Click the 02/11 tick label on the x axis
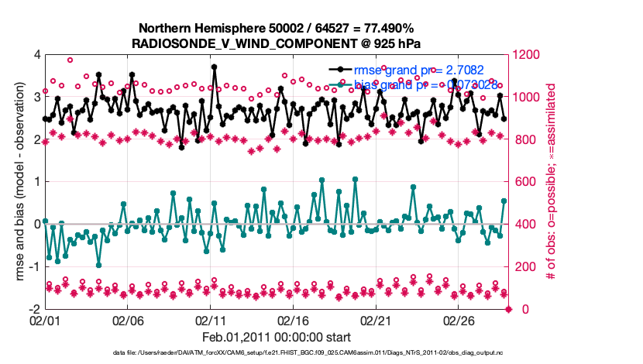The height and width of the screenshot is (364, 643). coord(211,319)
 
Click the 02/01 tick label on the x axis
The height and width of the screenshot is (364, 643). coord(45,319)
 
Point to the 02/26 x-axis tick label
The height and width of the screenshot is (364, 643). coord(459,319)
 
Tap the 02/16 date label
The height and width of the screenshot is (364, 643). coord(294,319)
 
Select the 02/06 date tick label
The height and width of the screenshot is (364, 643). coord(128,319)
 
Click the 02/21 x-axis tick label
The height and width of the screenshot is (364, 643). coord(377,319)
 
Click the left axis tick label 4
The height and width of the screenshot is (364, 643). coord(36,55)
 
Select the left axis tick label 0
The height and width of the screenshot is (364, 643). coord(36,225)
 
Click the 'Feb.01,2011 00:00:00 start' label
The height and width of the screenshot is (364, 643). coord(277,337)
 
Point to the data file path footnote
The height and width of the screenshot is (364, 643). coord(309,355)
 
